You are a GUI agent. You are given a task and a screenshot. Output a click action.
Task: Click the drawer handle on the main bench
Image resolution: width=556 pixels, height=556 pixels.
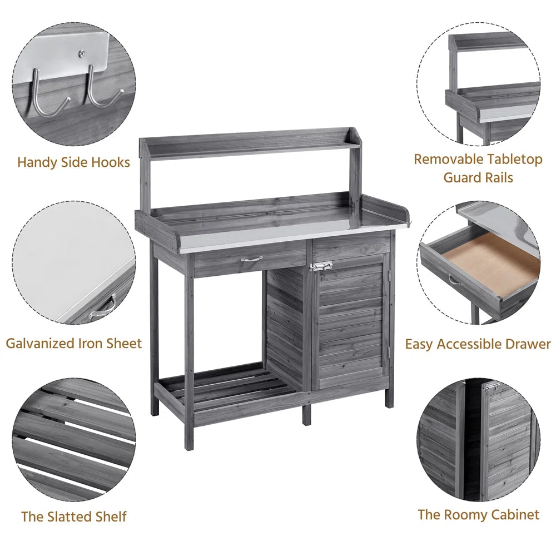click(x=252, y=259)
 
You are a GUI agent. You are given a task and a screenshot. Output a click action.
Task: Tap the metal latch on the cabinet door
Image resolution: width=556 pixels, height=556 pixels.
click(x=321, y=266)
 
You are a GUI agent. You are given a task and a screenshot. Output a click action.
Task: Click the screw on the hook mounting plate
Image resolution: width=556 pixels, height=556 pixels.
click(x=82, y=54)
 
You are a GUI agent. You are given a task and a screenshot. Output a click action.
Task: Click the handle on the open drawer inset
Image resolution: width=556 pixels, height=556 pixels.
click(x=455, y=280)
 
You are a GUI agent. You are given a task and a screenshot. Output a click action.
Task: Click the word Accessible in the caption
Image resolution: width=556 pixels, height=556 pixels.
click(x=479, y=344)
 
